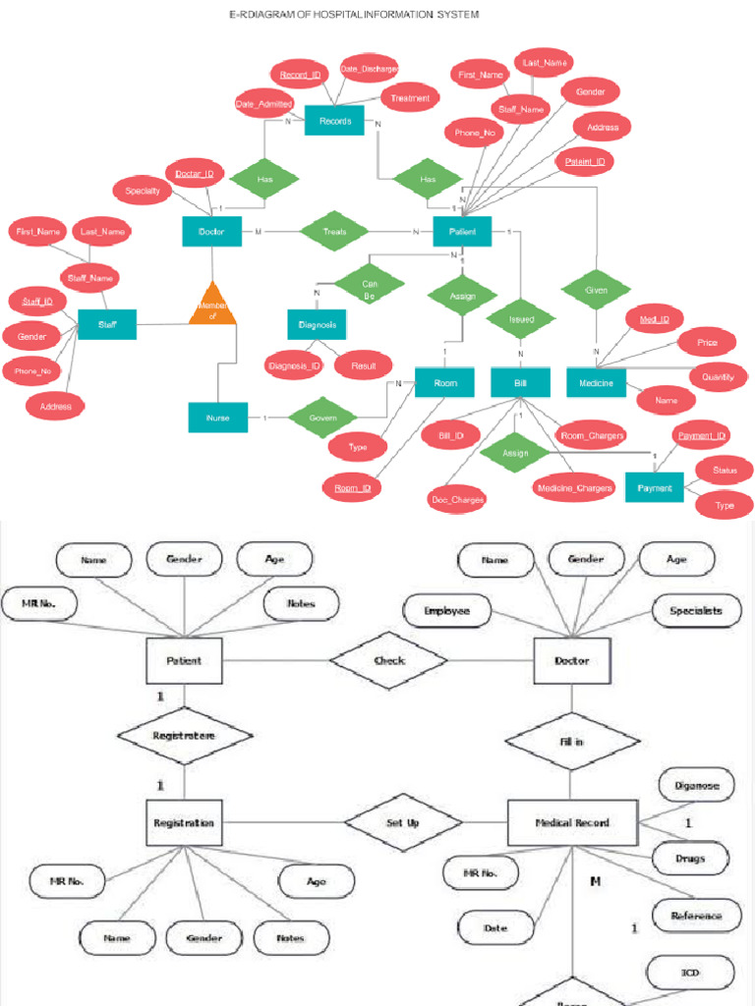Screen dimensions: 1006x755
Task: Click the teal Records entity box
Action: [x=334, y=122]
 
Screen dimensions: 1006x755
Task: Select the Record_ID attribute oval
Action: [x=300, y=75]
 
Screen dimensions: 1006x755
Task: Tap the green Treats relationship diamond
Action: [x=334, y=232]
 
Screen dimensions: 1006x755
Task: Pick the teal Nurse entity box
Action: [x=217, y=418]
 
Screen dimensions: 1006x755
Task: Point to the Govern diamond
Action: [x=322, y=418]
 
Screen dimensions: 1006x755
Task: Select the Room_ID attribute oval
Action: [x=351, y=487]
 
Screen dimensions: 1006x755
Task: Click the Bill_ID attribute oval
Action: [x=451, y=434]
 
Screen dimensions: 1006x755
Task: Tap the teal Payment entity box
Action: [x=654, y=487]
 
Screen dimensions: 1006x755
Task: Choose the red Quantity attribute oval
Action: [x=718, y=376]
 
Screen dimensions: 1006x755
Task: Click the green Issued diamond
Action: [x=521, y=319]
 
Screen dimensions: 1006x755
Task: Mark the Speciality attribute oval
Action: [x=143, y=191]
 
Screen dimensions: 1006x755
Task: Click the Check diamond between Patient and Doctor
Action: [x=388, y=660]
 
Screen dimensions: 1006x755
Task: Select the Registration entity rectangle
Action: [x=183, y=823]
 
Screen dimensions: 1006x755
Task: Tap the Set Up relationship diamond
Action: [x=401, y=823]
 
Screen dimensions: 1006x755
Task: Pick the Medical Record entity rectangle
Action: [x=571, y=823]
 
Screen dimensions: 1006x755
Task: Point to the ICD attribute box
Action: [x=689, y=974]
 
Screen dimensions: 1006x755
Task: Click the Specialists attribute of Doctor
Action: [x=695, y=610]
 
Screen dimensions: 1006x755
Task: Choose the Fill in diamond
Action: [x=571, y=742]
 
